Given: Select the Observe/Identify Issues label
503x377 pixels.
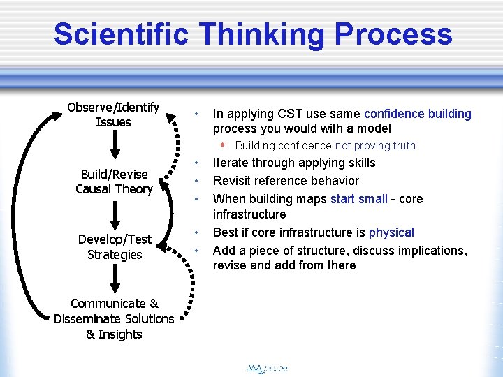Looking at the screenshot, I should pos(113,114).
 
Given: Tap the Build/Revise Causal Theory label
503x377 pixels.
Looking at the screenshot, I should pos(114,182).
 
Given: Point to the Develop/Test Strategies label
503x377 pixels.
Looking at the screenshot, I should pos(115,247).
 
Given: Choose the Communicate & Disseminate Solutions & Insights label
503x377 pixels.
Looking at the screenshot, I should pos(114,318).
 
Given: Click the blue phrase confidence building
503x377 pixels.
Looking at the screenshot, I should pos(418,113).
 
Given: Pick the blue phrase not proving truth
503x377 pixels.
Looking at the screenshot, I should pos(375,145).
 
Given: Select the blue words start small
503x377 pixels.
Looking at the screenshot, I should pos(358,199).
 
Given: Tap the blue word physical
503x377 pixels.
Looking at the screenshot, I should pos(391,232).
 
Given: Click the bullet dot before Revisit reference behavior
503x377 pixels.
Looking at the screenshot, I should pos(198,181).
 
